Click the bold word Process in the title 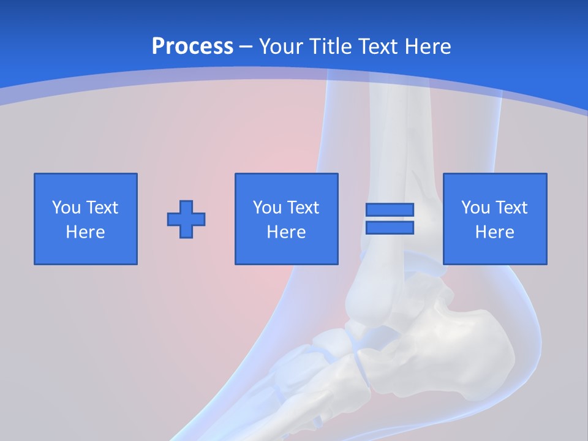click(x=192, y=47)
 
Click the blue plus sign click(x=186, y=219)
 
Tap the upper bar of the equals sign click(x=390, y=209)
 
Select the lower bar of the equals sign click(x=390, y=227)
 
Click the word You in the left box click(x=66, y=208)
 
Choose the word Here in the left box click(x=85, y=232)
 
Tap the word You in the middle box click(x=267, y=208)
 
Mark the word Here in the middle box click(x=286, y=232)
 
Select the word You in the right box click(x=475, y=208)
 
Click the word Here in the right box click(x=494, y=232)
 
